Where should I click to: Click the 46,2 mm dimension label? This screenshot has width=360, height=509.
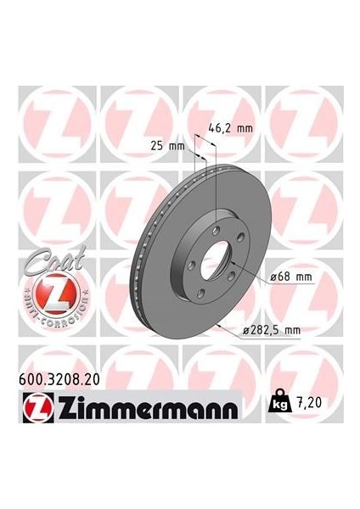(233, 130)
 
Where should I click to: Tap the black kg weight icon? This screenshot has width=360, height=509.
(278, 409)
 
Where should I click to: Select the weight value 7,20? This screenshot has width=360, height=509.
(309, 410)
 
